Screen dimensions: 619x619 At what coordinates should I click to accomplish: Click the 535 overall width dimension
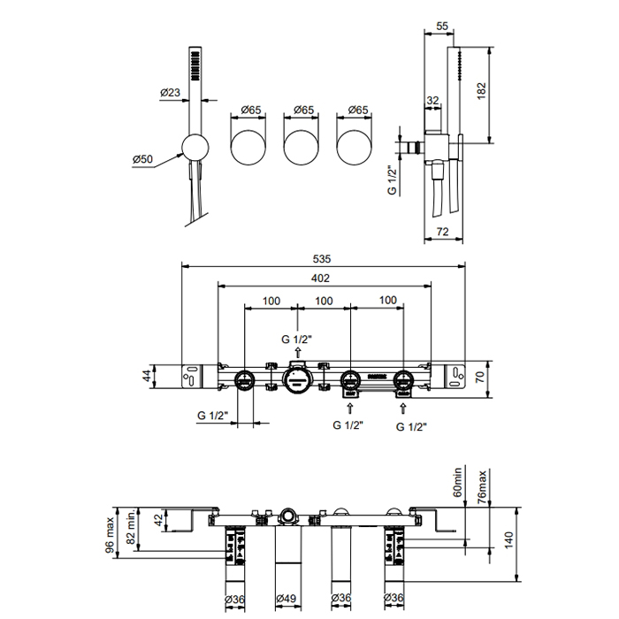322,259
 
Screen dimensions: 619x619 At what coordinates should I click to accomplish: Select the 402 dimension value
320,279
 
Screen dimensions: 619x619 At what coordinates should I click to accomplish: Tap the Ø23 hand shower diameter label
170,92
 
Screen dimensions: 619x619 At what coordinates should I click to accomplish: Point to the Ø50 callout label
142,159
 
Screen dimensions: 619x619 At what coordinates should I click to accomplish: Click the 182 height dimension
481,91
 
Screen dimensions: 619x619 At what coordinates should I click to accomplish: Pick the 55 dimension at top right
442,26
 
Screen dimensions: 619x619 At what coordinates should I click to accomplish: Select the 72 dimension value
443,232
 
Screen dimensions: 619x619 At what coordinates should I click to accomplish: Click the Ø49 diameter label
287,599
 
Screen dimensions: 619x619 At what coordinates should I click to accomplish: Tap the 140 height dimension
508,539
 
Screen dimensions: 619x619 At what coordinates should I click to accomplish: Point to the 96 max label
110,535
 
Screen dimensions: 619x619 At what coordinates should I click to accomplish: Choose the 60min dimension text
457,482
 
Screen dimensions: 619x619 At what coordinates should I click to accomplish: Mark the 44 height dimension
147,375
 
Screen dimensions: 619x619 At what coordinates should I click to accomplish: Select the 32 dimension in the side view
432,100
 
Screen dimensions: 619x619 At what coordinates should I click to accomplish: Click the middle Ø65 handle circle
302,147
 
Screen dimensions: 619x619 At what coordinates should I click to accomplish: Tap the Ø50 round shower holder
195,148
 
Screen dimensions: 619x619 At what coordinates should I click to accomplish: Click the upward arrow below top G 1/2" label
298,352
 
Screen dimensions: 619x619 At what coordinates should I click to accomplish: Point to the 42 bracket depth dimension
158,520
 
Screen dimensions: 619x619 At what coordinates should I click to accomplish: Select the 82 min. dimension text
131,526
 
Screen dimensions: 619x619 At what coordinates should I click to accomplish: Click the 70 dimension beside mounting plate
480,377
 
